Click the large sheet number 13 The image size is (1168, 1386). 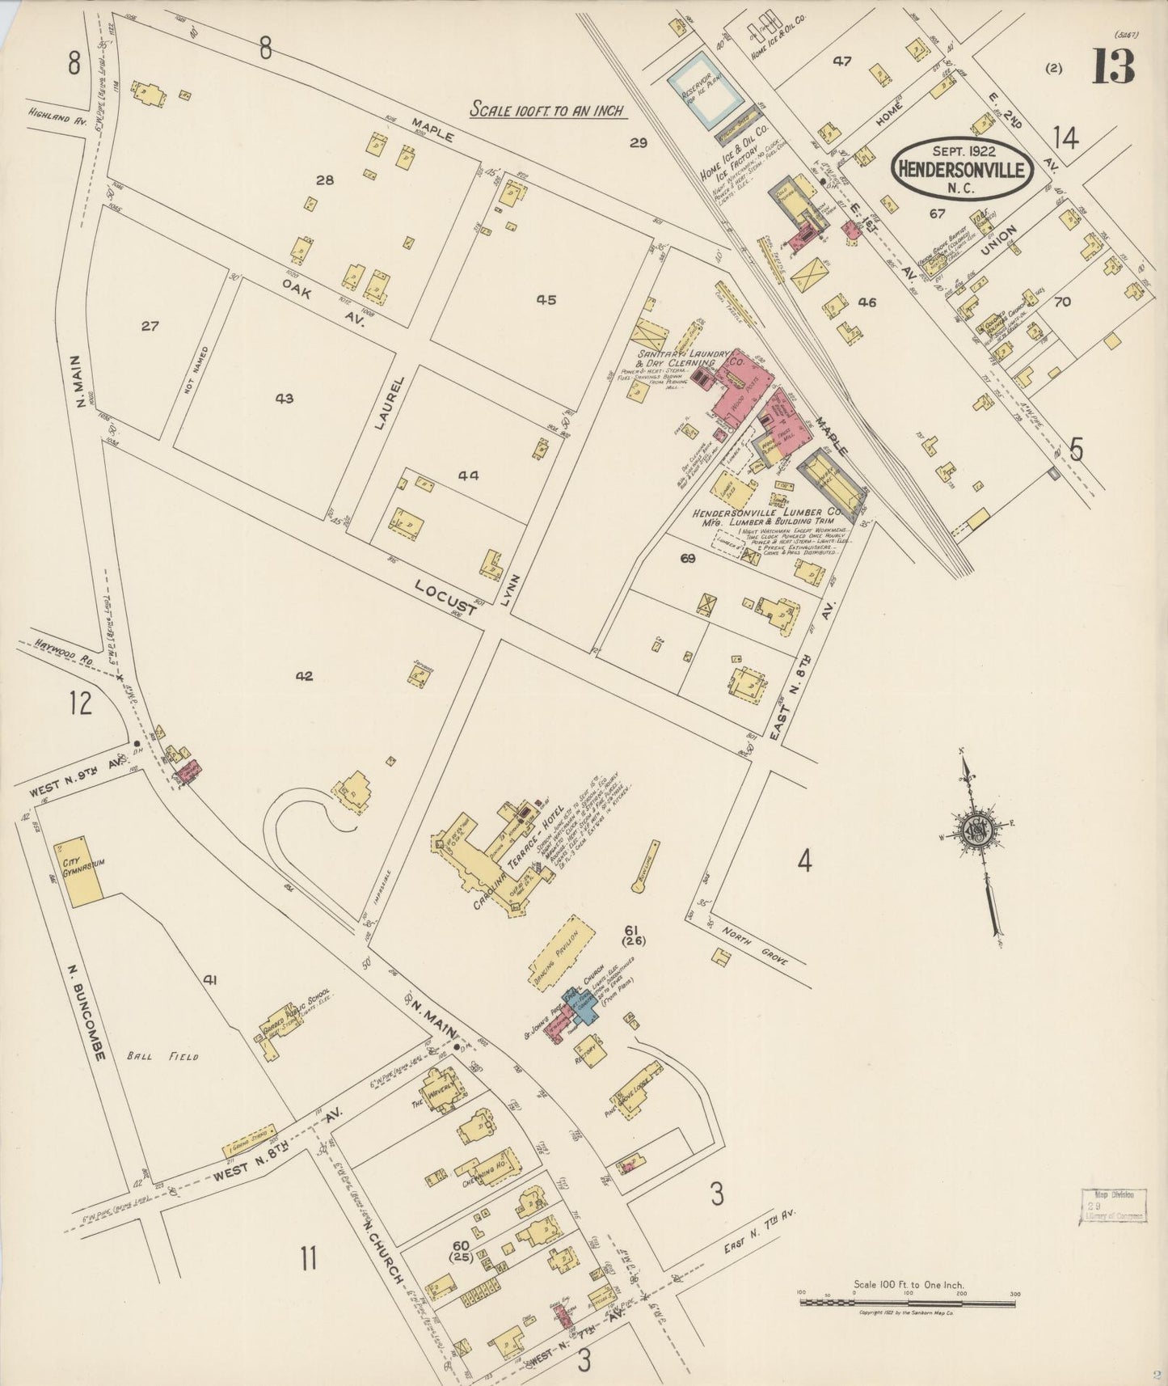pyautogui.click(x=1113, y=66)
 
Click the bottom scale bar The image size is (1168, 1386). pyautogui.click(x=909, y=1302)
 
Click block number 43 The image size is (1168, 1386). pyautogui.click(x=284, y=399)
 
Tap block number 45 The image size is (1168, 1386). pyautogui.click(x=546, y=300)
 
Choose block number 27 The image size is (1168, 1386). pyautogui.click(x=150, y=327)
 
